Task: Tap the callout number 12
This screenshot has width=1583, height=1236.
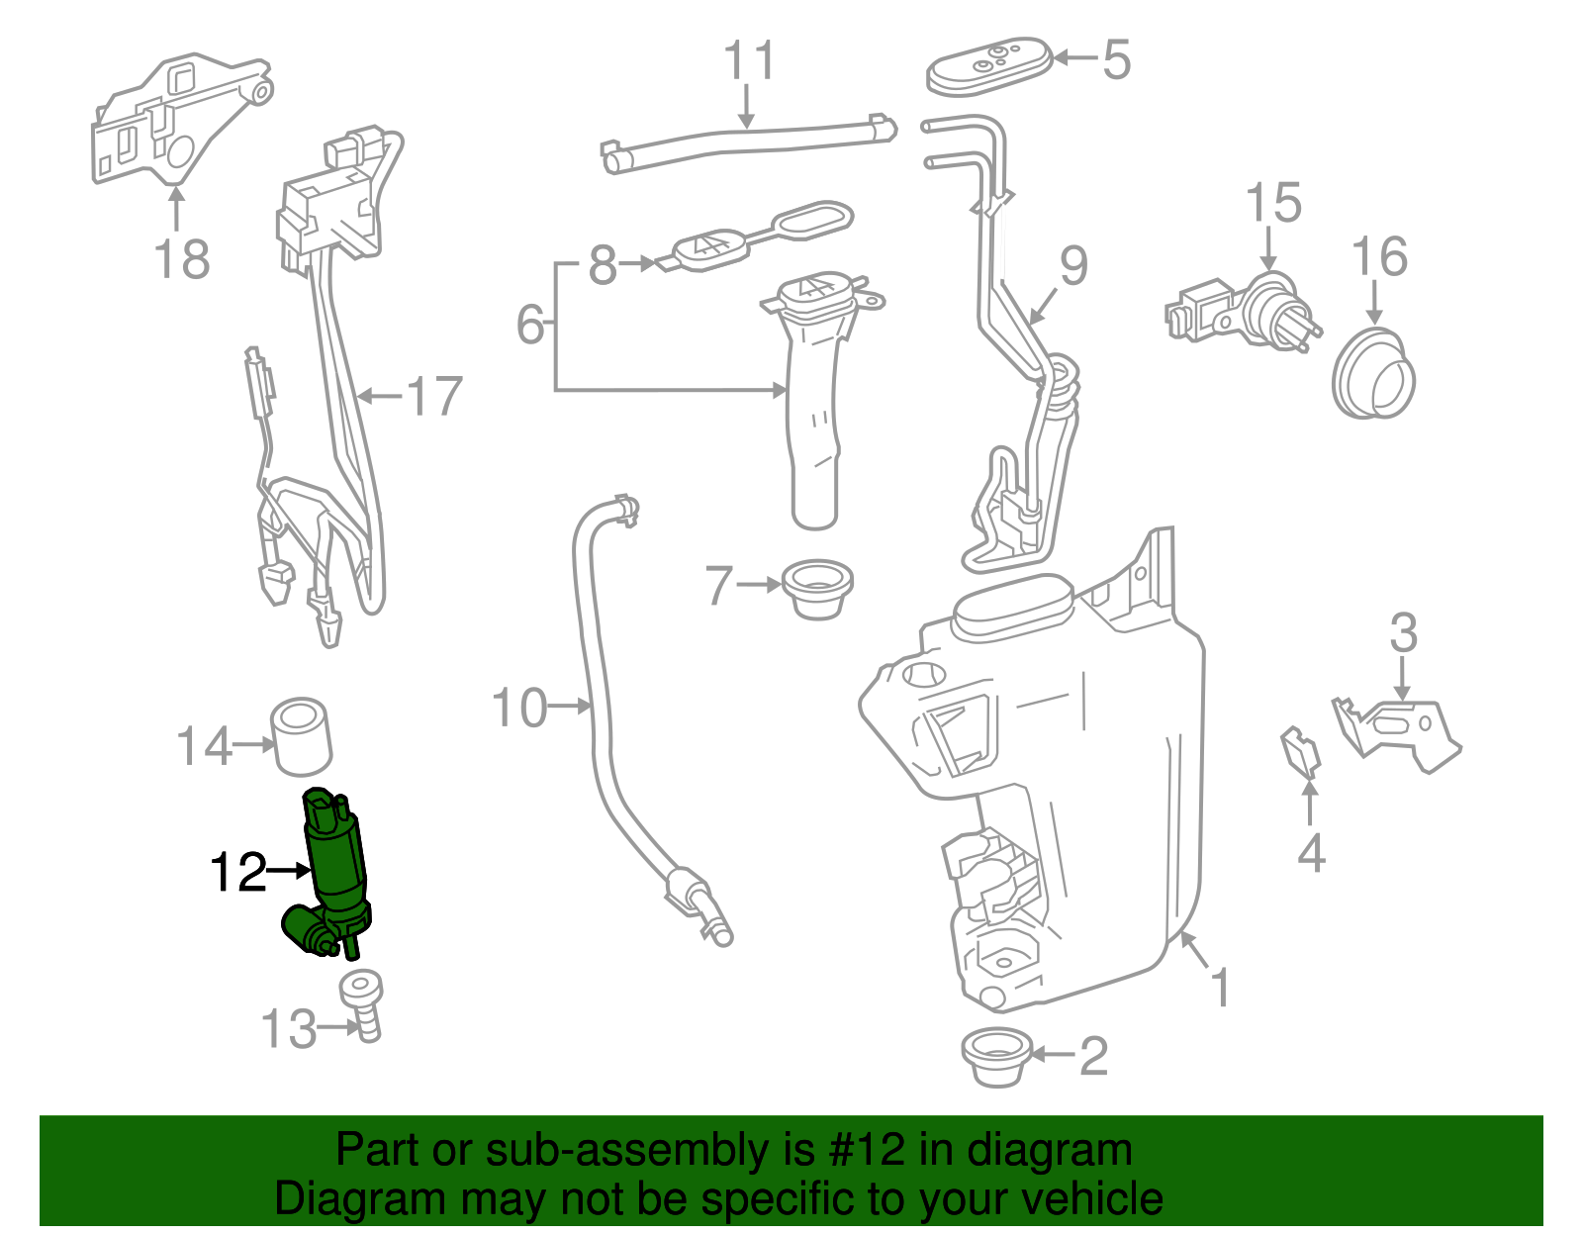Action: click(x=238, y=872)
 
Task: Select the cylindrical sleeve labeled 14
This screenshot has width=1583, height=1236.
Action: click(x=300, y=736)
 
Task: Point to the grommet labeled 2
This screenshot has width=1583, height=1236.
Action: click(x=995, y=1057)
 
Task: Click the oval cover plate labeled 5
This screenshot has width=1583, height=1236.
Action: click(x=988, y=66)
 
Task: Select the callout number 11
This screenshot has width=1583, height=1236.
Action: click(x=749, y=61)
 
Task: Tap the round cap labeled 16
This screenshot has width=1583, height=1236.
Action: click(x=1373, y=373)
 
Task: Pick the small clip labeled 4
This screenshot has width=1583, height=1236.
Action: click(x=1301, y=751)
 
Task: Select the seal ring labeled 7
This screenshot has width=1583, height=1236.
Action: click(x=817, y=588)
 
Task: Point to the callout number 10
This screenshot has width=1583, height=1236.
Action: click(x=519, y=709)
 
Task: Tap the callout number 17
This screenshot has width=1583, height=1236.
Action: click(x=434, y=397)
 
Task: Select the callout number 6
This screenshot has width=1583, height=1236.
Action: click(x=531, y=325)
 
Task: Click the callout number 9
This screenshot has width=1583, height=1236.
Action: click(x=1073, y=266)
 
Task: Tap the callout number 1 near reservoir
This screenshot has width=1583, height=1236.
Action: click(x=1221, y=988)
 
